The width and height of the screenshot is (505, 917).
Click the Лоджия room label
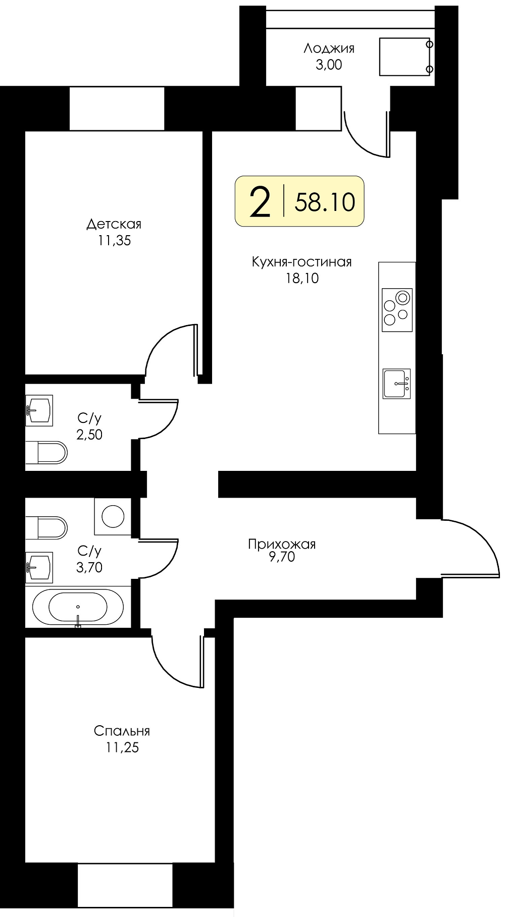pos(329,48)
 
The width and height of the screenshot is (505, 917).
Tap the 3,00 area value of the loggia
pos(329,65)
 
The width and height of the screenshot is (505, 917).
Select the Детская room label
pos(114,224)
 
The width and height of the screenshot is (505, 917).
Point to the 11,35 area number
pos(115,241)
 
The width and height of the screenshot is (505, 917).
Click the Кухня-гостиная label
pos(301,262)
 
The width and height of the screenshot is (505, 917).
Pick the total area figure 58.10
pos(325,201)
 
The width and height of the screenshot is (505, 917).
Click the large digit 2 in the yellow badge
pos(260,202)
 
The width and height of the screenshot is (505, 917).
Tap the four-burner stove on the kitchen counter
pos(397,310)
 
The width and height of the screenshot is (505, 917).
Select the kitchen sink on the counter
pos(396,384)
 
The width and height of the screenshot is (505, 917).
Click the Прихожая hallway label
pos(282,545)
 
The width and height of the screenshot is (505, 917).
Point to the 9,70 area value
pos(282,557)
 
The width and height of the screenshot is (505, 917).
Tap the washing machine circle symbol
pos(113,516)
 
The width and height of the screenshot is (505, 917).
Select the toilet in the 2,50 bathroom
pos(46,453)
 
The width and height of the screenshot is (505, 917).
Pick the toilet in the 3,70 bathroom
pos(46,527)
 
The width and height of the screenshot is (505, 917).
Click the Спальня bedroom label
pos(122,731)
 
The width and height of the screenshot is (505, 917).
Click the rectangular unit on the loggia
pos(405,57)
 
